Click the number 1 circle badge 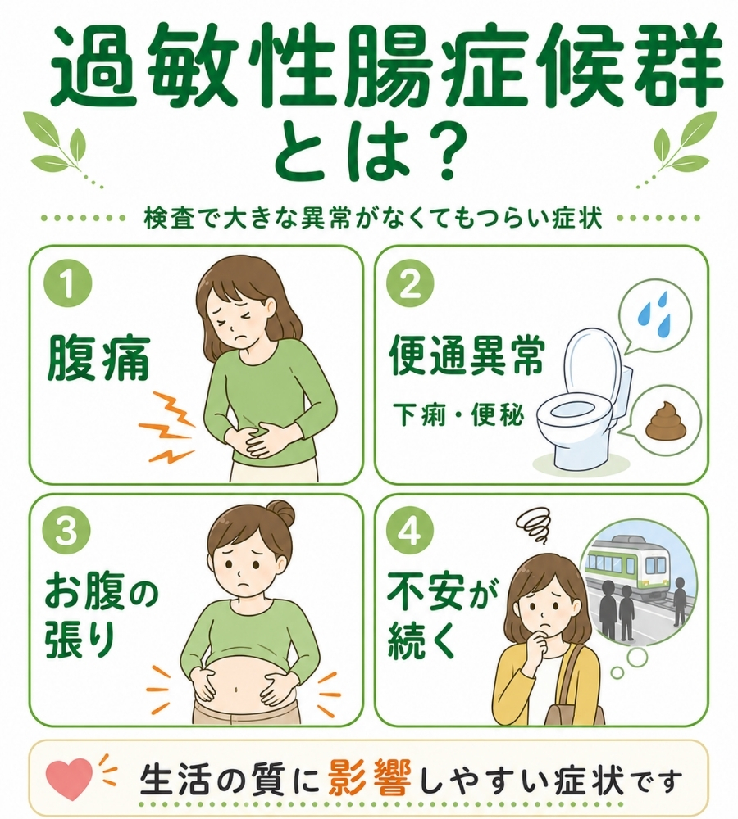68,286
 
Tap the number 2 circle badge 410,286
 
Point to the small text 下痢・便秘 458,415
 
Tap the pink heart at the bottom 70,780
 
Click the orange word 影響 371,781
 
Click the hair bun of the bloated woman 282,513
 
